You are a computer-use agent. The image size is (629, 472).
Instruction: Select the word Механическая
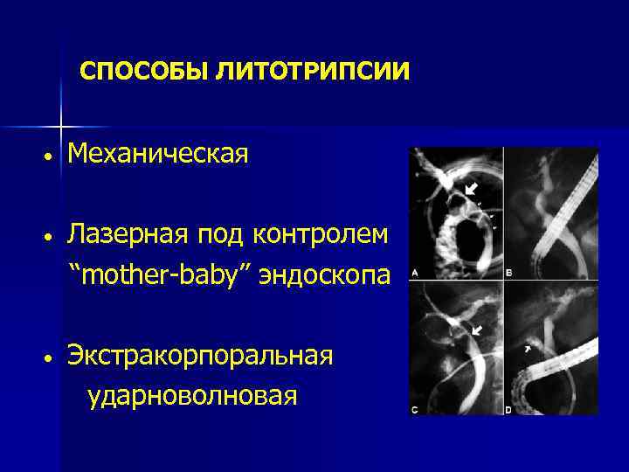[x=158, y=154]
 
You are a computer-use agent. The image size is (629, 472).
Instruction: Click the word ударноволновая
[x=192, y=395]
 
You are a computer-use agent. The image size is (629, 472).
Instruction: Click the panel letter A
[x=414, y=274]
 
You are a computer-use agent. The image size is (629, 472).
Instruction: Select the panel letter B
[x=509, y=274]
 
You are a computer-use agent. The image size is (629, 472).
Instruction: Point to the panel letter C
[x=414, y=408]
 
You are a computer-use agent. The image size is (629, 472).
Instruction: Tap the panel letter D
[x=509, y=408]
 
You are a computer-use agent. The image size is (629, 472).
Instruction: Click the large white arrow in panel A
[x=471, y=188]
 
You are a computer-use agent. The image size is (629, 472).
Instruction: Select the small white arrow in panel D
[x=528, y=348]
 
